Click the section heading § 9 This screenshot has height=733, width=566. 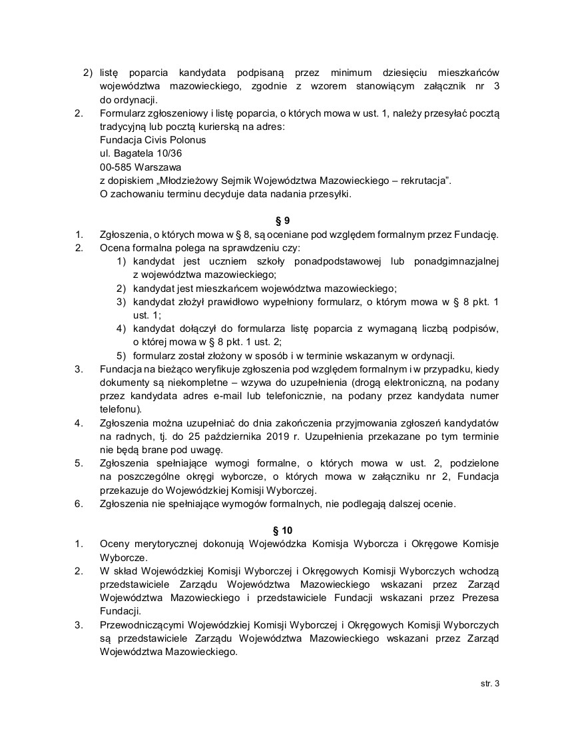[x=282, y=220]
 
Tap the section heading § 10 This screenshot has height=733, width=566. [x=282, y=530]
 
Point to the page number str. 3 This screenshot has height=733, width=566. [x=489, y=684]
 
